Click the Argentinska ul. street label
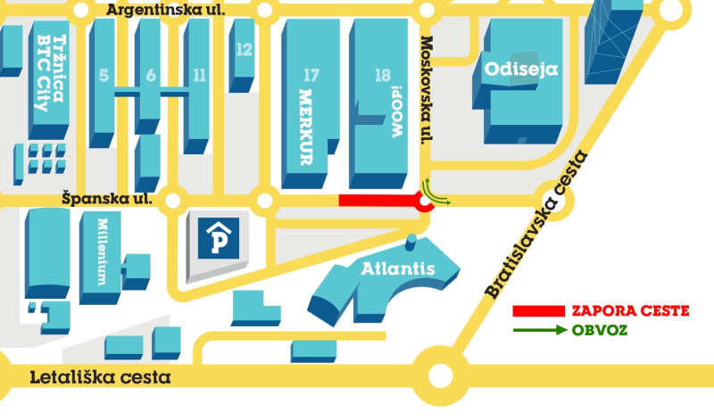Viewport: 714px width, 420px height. pyautogui.click(x=165, y=10)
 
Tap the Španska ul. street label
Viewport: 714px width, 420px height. pyautogui.click(x=107, y=198)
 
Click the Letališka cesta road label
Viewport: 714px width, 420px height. pyautogui.click(x=100, y=377)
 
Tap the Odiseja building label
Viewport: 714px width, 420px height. pyautogui.click(x=520, y=68)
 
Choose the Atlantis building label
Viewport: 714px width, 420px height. pyautogui.click(x=397, y=268)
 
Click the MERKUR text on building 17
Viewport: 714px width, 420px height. pyautogui.click(x=307, y=126)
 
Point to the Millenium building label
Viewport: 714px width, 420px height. pyautogui.click(x=103, y=251)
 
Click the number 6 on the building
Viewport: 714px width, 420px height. pyautogui.click(x=151, y=75)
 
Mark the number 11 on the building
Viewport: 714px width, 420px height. pyautogui.click(x=198, y=75)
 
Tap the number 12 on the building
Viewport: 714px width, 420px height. pyautogui.click(x=244, y=50)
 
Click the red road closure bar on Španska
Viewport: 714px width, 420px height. pyautogui.click(x=379, y=201)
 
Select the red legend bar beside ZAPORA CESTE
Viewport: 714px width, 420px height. pyautogui.click(x=540, y=311)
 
